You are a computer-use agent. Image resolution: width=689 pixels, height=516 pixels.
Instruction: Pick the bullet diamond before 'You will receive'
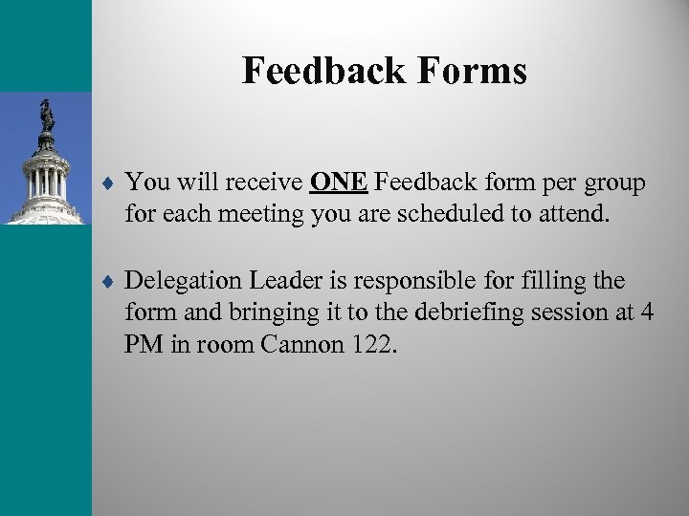(x=111, y=182)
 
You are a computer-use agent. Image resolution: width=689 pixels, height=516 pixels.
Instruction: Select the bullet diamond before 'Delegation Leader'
(x=111, y=282)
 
